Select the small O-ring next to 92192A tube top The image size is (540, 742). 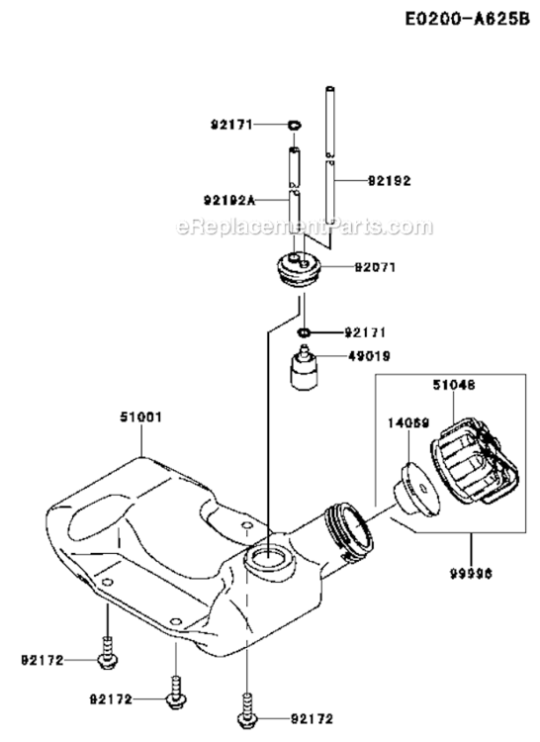pyautogui.click(x=295, y=125)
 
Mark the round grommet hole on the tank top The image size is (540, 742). pyautogui.click(x=268, y=560)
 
